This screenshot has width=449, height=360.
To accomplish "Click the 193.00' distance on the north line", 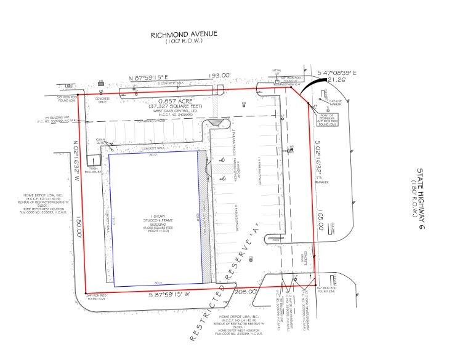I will pyautogui.click(x=218, y=76).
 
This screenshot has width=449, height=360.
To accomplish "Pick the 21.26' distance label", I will pyautogui.click(x=337, y=79).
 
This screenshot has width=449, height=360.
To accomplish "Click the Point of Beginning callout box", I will pyautogui.click(x=327, y=117).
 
